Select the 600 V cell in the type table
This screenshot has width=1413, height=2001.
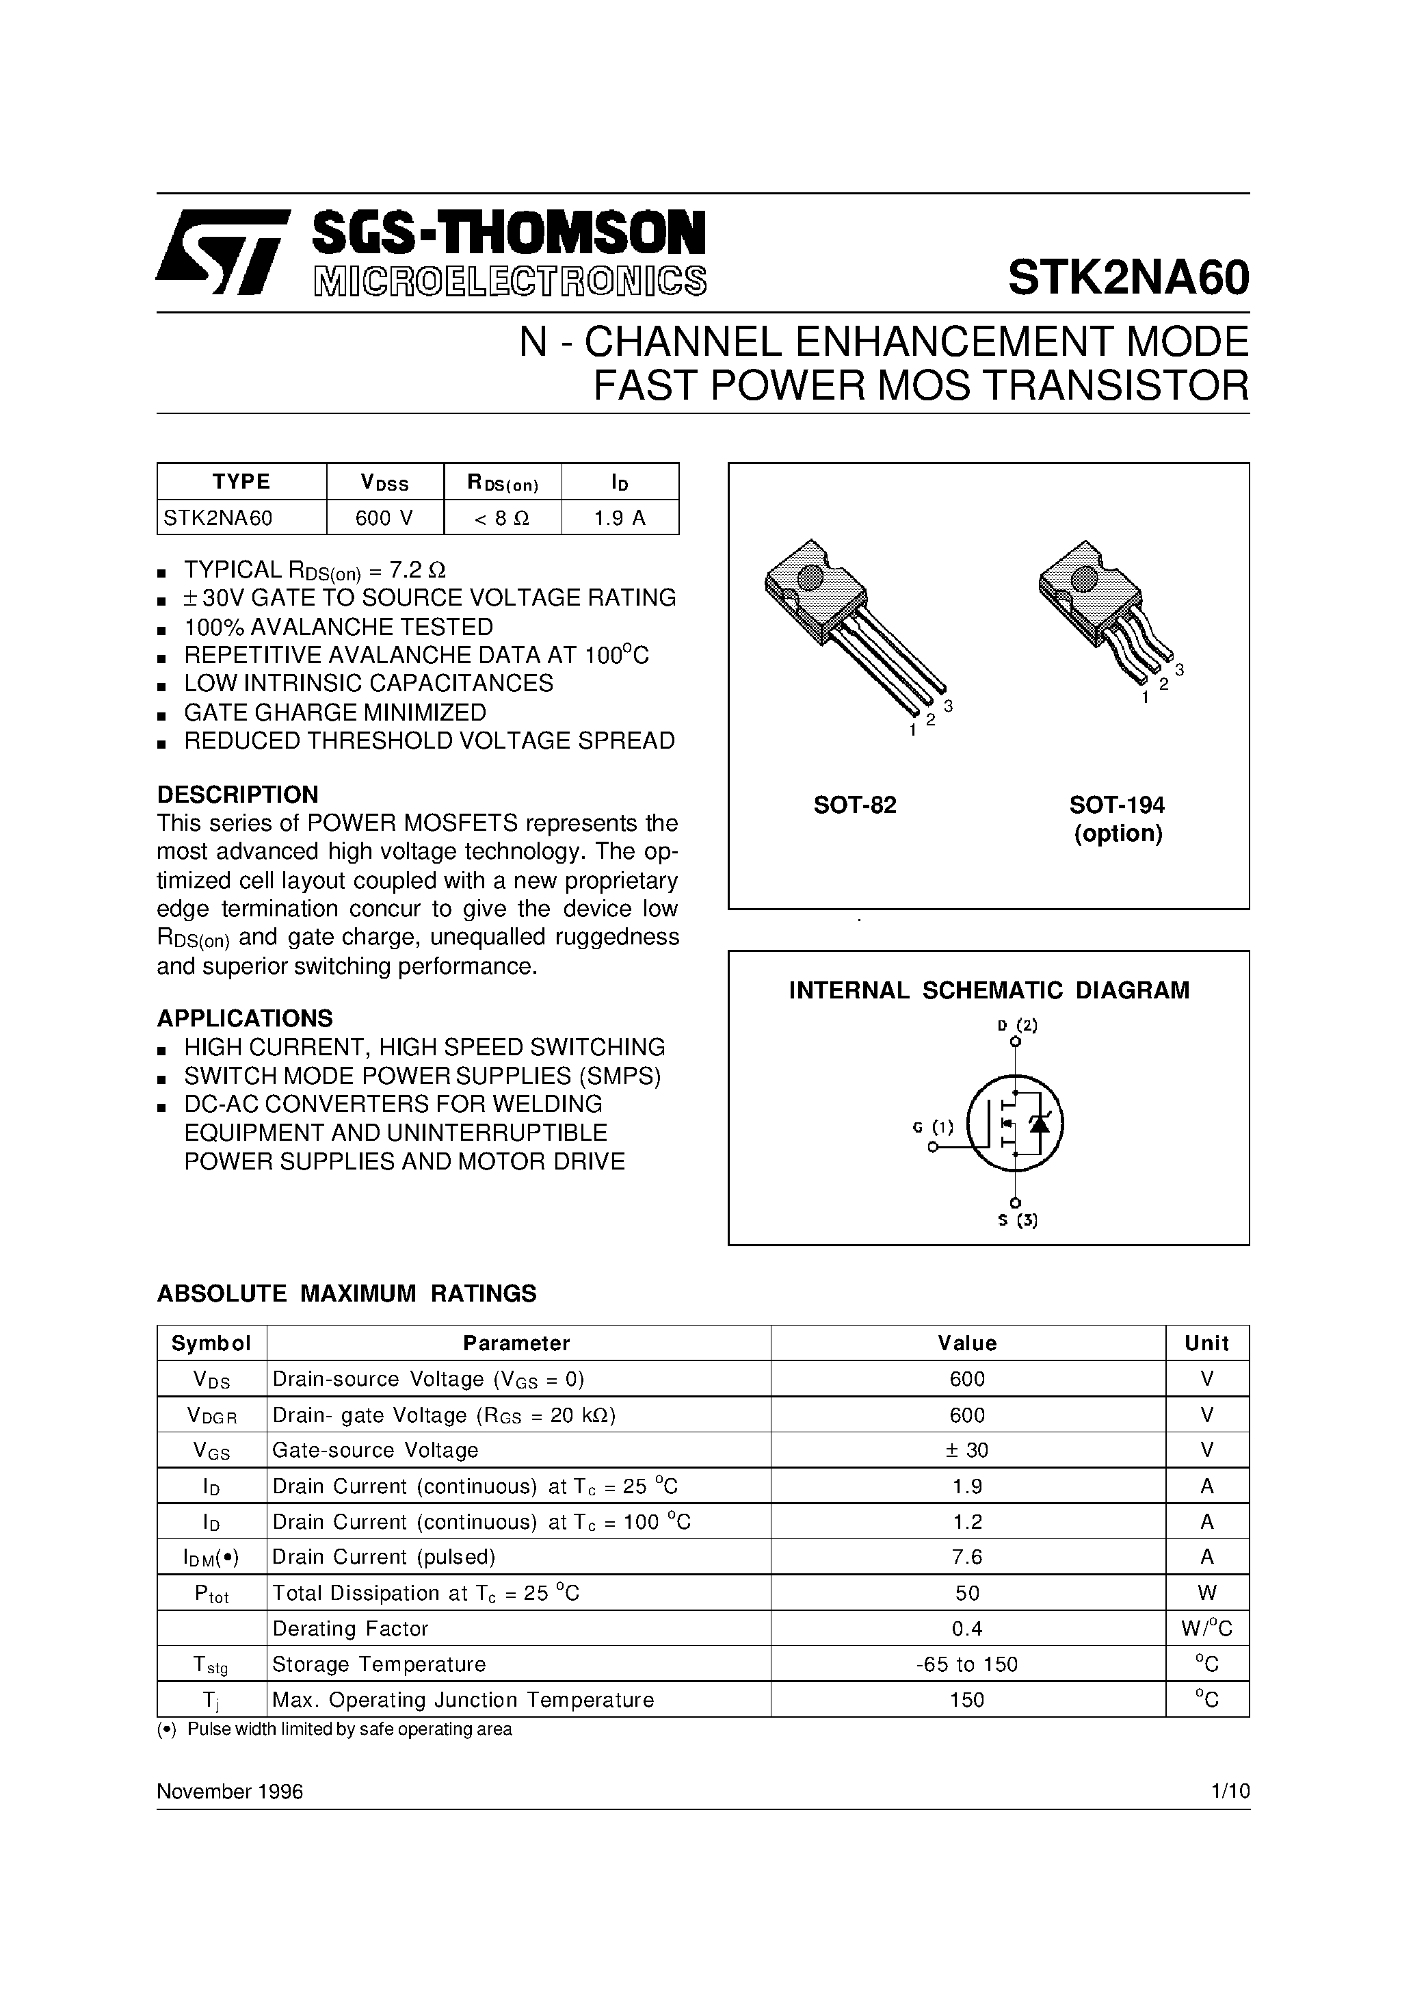click(384, 517)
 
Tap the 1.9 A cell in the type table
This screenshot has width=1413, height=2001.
click(620, 517)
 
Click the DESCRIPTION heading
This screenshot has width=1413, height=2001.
click(237, 794)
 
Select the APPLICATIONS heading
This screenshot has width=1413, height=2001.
click(244, 1018)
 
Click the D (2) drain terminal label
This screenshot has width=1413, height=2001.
click(1016, 1025)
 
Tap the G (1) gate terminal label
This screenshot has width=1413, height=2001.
click(933, 1127)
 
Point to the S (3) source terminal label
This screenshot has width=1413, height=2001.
click(1016, 1220)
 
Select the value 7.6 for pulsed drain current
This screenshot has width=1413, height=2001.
click(967, 1557)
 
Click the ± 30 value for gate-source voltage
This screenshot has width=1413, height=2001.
click(967, 1450)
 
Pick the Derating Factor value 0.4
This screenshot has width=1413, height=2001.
click(967, 1628)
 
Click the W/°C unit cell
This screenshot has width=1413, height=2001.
click(1206, 1628)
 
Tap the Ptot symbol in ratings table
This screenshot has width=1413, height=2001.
click(211, 1593)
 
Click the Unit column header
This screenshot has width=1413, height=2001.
click(1206, 1343)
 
